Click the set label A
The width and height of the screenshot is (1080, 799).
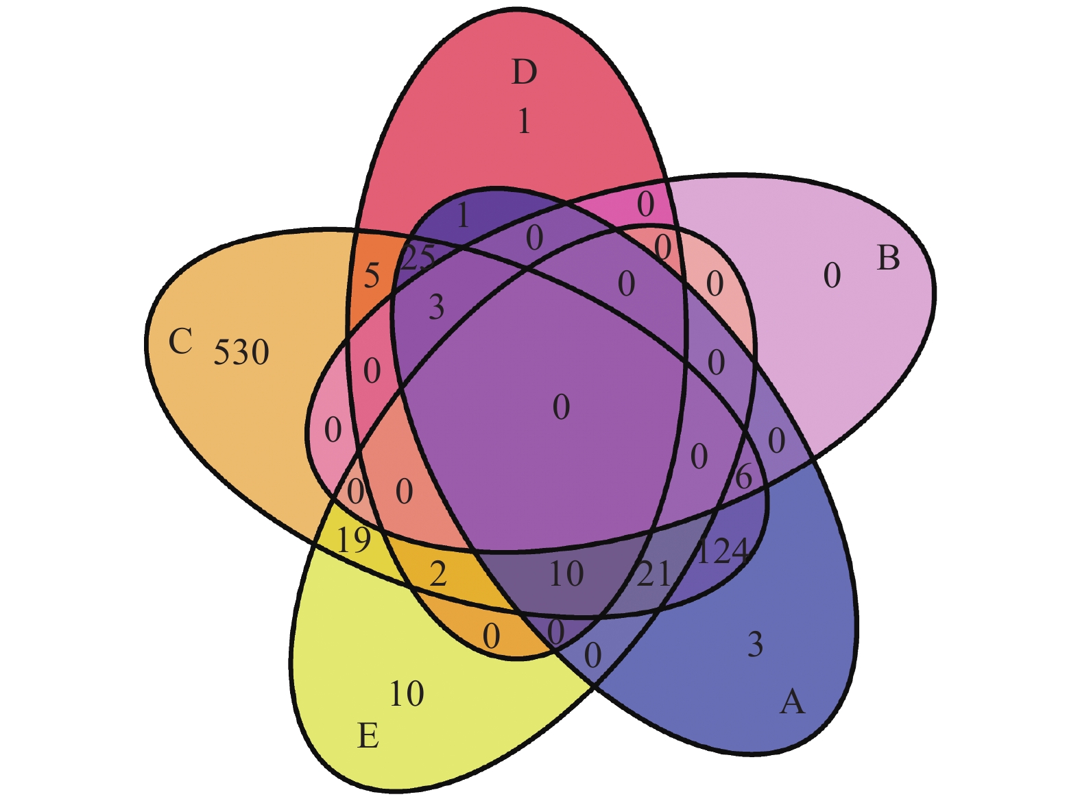792,702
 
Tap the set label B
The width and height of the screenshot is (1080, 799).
888,259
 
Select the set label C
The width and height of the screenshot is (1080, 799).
180,341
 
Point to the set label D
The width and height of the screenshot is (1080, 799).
524,72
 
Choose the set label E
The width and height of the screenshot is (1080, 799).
368,737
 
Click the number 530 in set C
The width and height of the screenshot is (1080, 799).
241,353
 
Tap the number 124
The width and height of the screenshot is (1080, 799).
721,551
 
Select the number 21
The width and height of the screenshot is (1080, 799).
653,574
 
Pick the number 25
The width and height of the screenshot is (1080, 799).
418,258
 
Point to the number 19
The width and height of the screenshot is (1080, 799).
354,540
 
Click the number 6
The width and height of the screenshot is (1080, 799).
743,477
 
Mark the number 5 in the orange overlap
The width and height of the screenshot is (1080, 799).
372,276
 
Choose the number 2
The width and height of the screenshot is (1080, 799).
438,573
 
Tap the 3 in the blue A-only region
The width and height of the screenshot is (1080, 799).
755,645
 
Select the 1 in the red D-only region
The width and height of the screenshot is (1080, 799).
524,121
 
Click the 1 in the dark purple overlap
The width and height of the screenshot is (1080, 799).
463,216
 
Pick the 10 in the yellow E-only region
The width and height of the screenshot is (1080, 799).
407,694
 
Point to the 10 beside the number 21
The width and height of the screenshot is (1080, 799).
566,574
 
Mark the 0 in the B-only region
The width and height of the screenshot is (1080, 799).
832,276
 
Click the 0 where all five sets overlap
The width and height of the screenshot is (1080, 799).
561,407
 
